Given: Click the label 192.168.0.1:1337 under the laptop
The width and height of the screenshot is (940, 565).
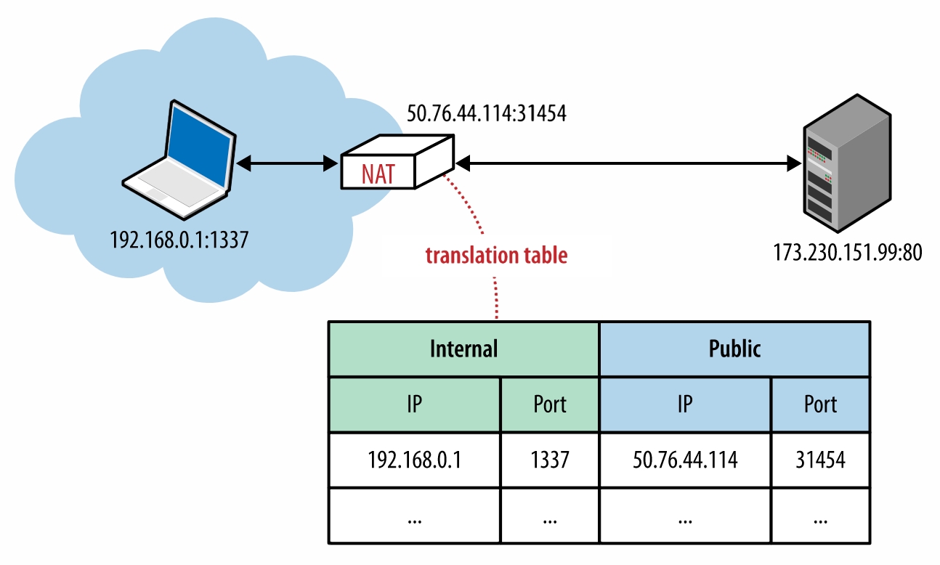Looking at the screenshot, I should pos(179,240).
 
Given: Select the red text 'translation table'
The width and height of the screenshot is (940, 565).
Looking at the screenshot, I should pos(496,256).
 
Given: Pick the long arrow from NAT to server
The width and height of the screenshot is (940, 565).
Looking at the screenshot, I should pos(628,165).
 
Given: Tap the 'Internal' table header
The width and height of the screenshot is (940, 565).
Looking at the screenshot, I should pos(463,349).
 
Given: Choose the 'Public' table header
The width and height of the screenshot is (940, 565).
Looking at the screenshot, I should pos(734,349).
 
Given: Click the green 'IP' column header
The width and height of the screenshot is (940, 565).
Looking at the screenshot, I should pos(414,404).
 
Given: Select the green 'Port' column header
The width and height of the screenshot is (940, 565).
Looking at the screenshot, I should pos(549,404).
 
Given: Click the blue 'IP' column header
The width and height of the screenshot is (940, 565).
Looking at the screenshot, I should pos(684,404).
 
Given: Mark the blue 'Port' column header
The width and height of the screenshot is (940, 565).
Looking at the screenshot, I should pos(820,404).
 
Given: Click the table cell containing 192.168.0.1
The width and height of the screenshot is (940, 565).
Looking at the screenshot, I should pos(414,460).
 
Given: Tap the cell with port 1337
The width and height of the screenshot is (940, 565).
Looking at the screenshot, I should pos(549,460).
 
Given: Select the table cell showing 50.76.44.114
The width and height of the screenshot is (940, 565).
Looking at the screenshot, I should pos(684,460).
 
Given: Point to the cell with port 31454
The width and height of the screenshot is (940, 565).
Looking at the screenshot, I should pos(820,460).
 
